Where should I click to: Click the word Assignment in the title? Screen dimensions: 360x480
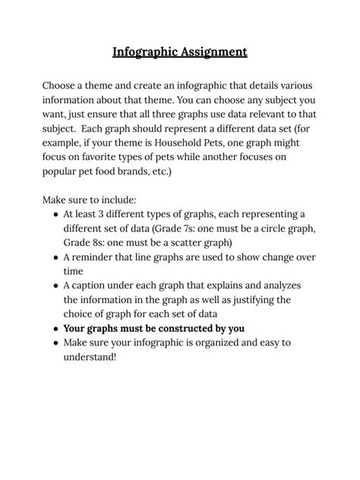click(x=213, y=52)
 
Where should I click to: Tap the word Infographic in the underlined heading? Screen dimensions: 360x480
click(x=145, y=52)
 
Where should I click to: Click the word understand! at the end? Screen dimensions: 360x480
click(x=90, y=356)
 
